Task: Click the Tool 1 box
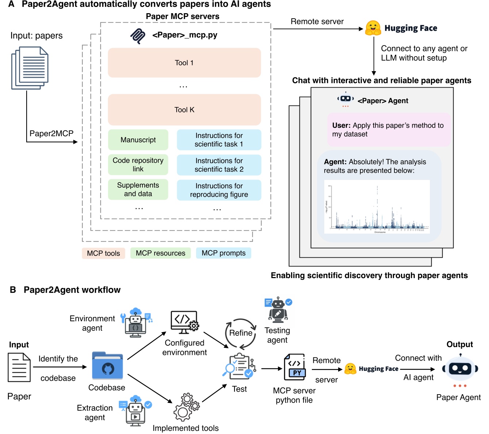pyautogui.click(x=184, y=63)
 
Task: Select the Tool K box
pyautogui.click(x=184, y=110)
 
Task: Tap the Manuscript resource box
pyautogui.click(x=138, y=140)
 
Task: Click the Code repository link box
pyautogui.click(x=138, y=165)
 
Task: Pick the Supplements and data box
pyautogui.click(x=138, y=189)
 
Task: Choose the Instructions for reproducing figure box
pyautogui.click(x=219, y=190)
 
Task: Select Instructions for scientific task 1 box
pyautogui.click(x=219, y=140)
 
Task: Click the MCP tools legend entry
pyautogui.click(x=103, y=253)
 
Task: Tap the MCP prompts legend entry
pyautogui.click(x=224, y=253)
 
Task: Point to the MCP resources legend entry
pyautogui.click(x=160, y=253)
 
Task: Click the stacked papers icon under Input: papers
pyautogui.click(x=30, y=68)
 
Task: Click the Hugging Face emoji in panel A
pyautogui.click(x=373, y=28)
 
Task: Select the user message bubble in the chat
pyautogui.click(x=389, y=130)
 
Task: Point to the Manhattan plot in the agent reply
pyautogui.click(x=377, y=207)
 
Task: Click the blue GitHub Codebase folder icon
pyautogui.click(x=107, y=366)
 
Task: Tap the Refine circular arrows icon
pyautogui.click(x=241, y=333)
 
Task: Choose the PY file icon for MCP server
pyautogui.click(x=295, y=367)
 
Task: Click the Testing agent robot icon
pyautogui.click(x=278, y=310)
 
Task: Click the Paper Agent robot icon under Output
pyautogui.click(x=460, y=369)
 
